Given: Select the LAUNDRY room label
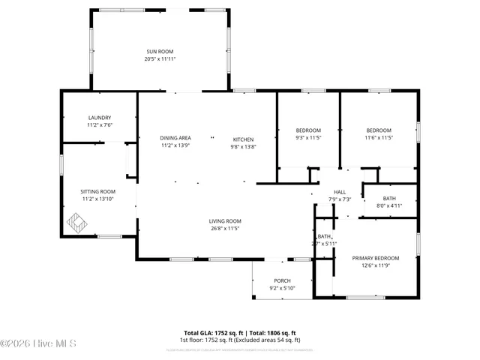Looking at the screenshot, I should pos(99,118).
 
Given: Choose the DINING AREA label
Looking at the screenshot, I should pos(175,139).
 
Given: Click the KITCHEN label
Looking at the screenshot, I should pos(243,139).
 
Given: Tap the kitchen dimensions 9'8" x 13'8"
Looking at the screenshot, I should pos(243,147).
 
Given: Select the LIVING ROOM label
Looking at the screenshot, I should pos(224,220).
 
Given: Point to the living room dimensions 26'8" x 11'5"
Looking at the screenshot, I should pos(224,228).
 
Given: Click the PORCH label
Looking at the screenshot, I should pos(282,280).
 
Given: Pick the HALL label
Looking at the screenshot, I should pos(339,192).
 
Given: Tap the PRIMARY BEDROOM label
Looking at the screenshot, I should pos(376,258).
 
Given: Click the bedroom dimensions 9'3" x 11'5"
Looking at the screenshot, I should pos(307,138).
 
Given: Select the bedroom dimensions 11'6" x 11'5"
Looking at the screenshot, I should pos(379,138).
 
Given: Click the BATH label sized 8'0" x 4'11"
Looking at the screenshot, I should pos(389,198).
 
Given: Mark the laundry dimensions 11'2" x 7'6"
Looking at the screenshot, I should pos(99,125).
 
